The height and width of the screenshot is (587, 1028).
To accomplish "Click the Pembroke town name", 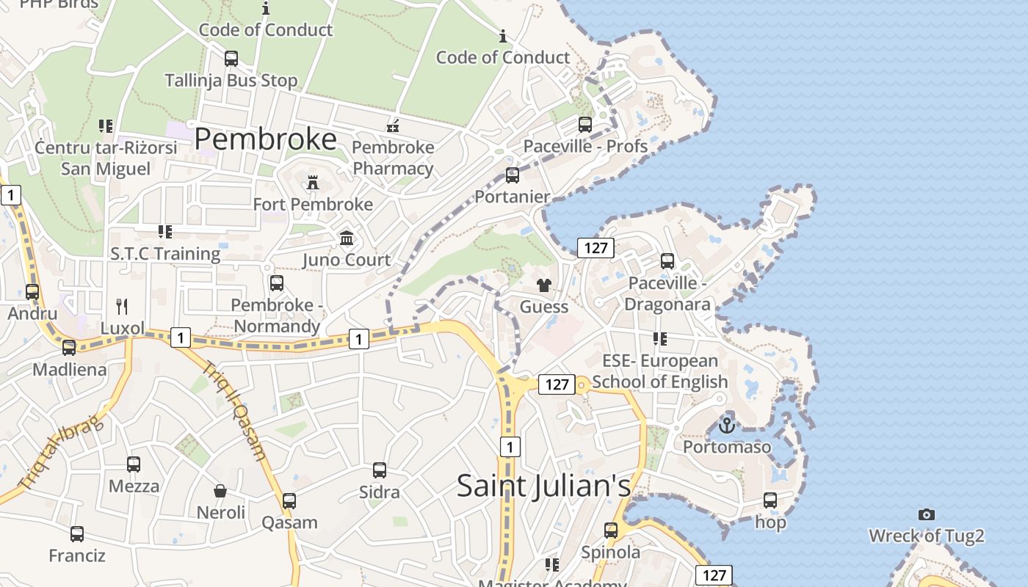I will coord(266,139).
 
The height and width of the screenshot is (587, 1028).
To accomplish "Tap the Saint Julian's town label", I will coord(543,486).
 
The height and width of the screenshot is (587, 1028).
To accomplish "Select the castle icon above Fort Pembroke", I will coord(313,183).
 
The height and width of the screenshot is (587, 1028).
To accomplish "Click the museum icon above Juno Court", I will coord(347,238).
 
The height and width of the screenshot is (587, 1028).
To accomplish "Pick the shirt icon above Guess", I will coord(543,285).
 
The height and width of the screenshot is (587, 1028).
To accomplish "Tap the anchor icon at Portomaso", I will coord(727,425).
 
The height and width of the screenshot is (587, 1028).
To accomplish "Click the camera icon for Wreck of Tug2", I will coord(927,515).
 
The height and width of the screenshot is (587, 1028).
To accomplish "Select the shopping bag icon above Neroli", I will coord(220,491).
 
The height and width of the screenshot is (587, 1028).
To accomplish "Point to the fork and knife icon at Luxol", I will coord(122,306).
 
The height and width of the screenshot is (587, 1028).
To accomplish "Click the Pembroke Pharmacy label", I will coord(394,158).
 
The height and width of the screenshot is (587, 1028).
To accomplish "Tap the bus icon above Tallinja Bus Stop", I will coord(231,59).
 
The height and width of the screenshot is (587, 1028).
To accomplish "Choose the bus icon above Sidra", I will coord(380,470).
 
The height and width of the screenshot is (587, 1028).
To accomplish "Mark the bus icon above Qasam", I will coord(289,501).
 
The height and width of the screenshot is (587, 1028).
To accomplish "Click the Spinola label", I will coord(611,552).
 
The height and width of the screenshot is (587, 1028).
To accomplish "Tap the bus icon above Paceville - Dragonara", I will coord(667,261).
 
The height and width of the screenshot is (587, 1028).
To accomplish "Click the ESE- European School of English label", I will coord(659,371).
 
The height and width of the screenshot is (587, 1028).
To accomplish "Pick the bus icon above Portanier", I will coord(513,176).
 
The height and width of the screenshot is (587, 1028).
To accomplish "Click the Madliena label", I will coord(70,369).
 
